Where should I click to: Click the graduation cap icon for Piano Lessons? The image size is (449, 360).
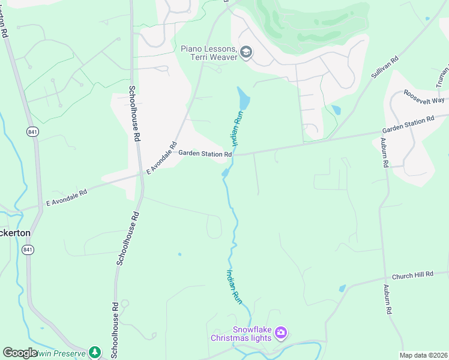pyautogui.click(x=246, y=53)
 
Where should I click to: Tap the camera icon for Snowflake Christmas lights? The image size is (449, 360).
pyautogui.click(x=281, y=332)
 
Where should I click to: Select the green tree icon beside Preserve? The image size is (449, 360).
pyautogui.click(x=94, y=352)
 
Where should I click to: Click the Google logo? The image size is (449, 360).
pyautogui.click(x=20, y=353)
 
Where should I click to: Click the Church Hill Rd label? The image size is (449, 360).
pyautogui.click(x=412, y=275)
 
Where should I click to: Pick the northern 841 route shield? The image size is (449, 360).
pyautogui.click(x=32, y=131)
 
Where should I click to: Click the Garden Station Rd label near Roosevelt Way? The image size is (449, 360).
pyautogui.click(x=408, y=125)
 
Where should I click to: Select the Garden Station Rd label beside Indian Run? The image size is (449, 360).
pyautogui.click(x=205, y=154)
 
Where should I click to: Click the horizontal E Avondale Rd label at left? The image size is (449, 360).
pyautogui.click(x=67, y=197)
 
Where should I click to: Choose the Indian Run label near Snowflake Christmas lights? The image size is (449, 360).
pyautogui.click(x=234, y=286)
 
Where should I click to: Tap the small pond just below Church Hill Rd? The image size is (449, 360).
pyautogui.click(x=342, y=288)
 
